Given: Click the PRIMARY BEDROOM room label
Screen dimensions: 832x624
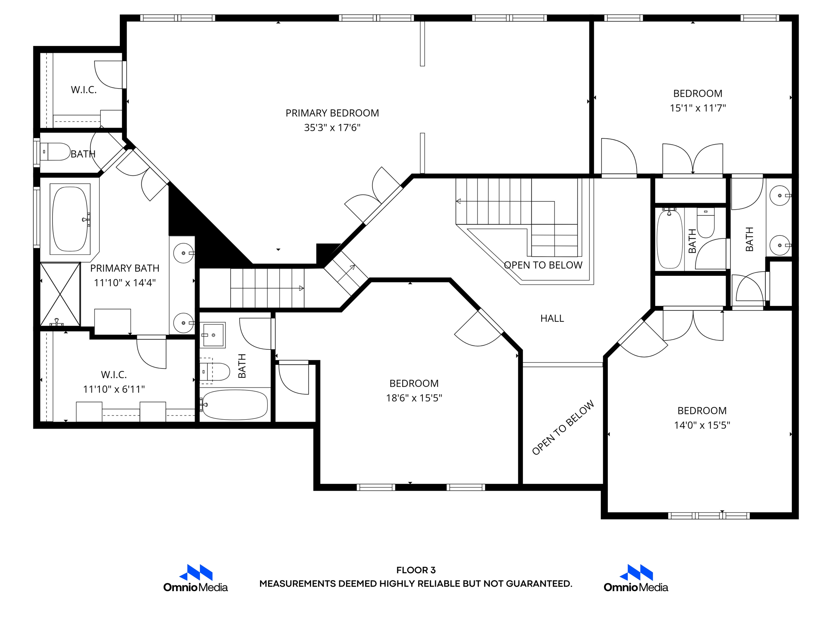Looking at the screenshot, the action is point(332,113).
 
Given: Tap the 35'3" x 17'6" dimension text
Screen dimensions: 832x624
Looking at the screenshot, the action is point(332,128).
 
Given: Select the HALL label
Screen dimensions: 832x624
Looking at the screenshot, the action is point(552,318).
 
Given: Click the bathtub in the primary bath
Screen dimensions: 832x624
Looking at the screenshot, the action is point(70,219).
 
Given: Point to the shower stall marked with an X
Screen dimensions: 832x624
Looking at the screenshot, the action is point(60,294).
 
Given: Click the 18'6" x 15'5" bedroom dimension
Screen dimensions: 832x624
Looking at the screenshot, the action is point(414,398).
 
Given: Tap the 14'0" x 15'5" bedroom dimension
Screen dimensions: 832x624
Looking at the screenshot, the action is point(702,425).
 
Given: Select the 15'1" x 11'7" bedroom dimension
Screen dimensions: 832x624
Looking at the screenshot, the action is point(698,108).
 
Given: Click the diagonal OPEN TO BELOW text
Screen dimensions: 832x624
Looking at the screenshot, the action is point(563,428).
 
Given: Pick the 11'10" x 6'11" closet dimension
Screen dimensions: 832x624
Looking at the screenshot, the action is point(114,389).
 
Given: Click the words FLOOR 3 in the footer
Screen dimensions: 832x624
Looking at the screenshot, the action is point(416,570).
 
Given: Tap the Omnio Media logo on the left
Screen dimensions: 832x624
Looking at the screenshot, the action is point(195,578).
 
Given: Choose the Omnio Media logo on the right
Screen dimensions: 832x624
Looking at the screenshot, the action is point(636,578).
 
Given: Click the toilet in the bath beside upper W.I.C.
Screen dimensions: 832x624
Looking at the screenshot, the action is point(55,152).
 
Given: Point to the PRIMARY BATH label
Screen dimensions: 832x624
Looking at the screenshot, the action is point(125,268).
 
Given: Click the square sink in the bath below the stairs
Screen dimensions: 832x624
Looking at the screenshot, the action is point(213,335).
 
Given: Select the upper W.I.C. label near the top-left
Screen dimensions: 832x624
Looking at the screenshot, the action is point(84,90).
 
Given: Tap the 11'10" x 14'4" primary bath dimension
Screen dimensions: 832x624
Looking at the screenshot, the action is point(125,283).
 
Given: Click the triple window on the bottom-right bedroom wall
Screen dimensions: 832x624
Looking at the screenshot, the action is point(709,516).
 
